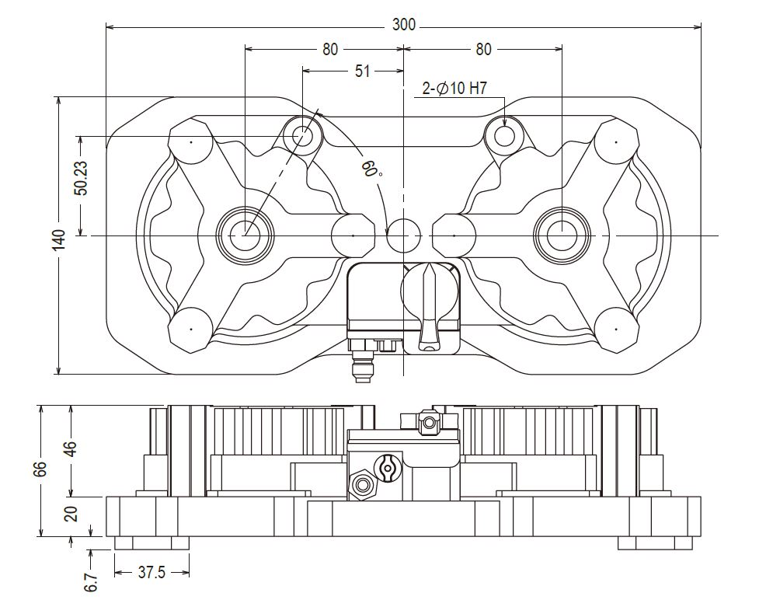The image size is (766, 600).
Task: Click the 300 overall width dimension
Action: (403, 25)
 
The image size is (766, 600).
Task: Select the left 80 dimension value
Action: (330, 49)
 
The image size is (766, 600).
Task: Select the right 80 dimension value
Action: (483, 49)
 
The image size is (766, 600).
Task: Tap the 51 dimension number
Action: (362, 72)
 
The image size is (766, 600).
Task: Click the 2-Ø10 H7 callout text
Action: (454, 89)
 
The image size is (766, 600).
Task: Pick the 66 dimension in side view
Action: (41, 469)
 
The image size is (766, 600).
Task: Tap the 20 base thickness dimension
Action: (71, 515)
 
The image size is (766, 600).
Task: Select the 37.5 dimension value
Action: (152, 573)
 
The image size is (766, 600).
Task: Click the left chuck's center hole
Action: (245, 234)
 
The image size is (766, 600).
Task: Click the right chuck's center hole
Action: (562, 234)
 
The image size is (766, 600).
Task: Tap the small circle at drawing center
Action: (403, 234)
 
